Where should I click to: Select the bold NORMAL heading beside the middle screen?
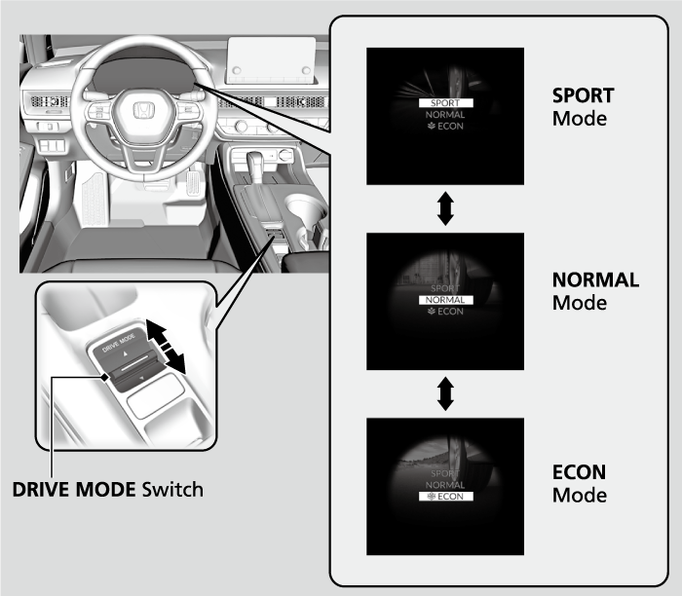[x=595, y=280]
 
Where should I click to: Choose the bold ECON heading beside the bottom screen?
[x=579, y=472]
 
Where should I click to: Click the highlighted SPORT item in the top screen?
[x=445, y=102]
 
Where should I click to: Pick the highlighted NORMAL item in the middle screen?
[x=445, y=300]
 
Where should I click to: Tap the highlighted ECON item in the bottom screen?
[x=445, y=496]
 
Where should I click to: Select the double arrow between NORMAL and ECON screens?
[x=445, y=393]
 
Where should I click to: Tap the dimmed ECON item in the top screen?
[x=445, y=127]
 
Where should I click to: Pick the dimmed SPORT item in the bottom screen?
[x=445, y=472]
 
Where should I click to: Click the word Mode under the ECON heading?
[x=579, y=495]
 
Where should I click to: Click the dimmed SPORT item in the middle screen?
[x=445, y=289]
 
